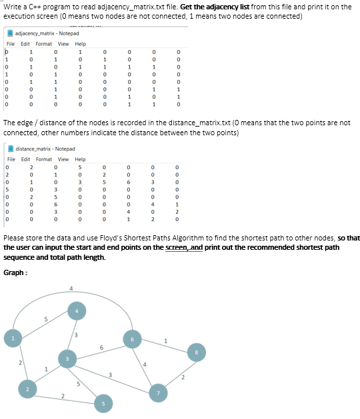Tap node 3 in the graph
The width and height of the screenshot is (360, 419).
pyautogui.click(x=66, y=359)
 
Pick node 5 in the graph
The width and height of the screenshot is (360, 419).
pyautogui.click(x=103, y=403)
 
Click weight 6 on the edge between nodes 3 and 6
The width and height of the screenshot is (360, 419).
pyautogui.click(x=101, y=347)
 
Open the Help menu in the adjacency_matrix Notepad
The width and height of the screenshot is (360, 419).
pyautogui.click(x=80, y=44)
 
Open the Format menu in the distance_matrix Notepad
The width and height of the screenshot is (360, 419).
pyautogui.click(x=45, y=159)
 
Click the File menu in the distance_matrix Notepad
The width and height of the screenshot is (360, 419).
pyautogui.click(x=11, y=159)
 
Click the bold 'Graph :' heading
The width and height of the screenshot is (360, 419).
pyautogui.click(x=15, y=271)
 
